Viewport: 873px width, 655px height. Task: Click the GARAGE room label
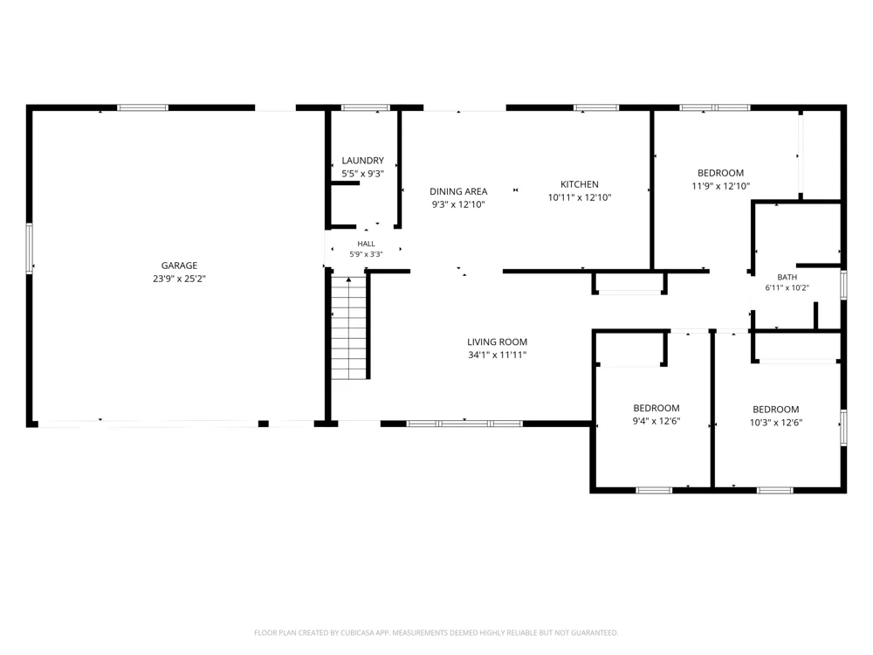[179, 265]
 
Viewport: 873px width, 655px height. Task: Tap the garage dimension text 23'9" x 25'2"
[179, 279]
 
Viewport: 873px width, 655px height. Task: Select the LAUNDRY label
[363, 161]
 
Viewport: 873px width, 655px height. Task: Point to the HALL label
[367, 244]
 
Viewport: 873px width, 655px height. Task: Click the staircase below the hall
[349, 327]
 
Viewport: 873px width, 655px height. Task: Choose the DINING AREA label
[458, 191]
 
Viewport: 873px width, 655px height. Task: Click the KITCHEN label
[580, 184]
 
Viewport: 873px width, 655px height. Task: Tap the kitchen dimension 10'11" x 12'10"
[580, 197]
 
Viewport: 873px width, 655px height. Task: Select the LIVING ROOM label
[498, 342]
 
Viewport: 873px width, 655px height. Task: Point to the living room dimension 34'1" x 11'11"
[498, 355]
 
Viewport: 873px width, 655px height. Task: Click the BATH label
[787, 277]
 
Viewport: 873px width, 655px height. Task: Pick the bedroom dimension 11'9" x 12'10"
[721, 186]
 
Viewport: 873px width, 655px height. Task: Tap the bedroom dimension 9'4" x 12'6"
[656, 421]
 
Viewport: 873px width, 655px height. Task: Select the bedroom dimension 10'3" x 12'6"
[776, 422]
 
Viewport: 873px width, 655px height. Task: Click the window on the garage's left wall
[30, 248]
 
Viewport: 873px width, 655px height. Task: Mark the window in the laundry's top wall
[365, 107]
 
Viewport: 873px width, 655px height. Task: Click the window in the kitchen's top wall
[596, 107]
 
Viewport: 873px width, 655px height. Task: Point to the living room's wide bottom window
[464, 424]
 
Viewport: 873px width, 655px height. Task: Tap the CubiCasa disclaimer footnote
[436, 632]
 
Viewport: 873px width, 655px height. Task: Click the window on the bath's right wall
[843, 285]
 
